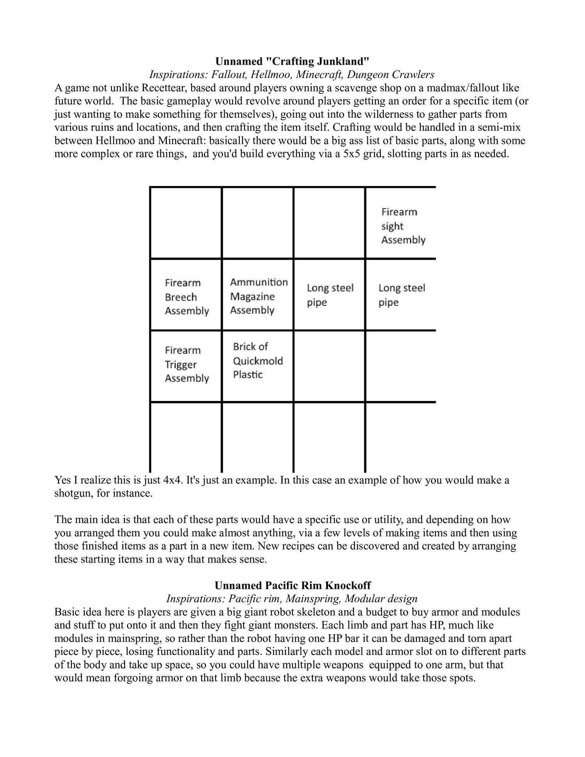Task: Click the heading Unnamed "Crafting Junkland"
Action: pyautogui.click(x=292, y=61)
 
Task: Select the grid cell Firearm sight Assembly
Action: pyautogui.click(x=402, y=226)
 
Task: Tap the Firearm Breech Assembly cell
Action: pyautogui.click(x=186, y=296)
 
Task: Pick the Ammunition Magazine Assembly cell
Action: pyautogui.click(x=258, y=296)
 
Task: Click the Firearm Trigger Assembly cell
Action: pyautogui.click(x=186, y=364)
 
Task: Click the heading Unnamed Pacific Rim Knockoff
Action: pyautogui.click(x=292, y=585)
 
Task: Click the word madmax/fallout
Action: pyautogui.click(x=462, y=88)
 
